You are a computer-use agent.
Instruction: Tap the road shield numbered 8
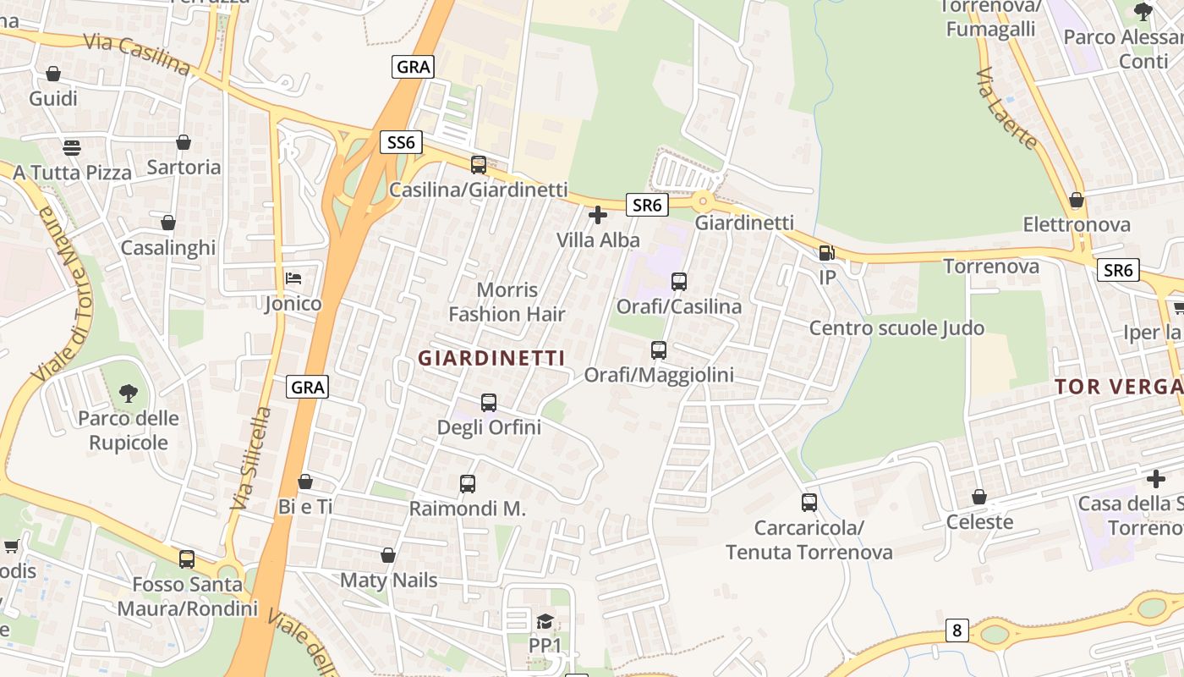pos(957,630)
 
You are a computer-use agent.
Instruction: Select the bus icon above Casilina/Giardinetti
pos(479,165)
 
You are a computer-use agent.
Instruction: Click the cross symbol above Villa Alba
pos(598,215)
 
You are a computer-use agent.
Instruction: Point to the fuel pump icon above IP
pos(826,252)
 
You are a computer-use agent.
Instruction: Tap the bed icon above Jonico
pos(293,278)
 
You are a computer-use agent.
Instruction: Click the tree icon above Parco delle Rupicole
pos(129,393)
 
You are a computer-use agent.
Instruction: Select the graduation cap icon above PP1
pos(545,622)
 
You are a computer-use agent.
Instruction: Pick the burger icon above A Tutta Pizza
pos(72,147)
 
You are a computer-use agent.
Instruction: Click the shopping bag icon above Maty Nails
pos(388,555)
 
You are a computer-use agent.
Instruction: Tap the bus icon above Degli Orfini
pos(489,402)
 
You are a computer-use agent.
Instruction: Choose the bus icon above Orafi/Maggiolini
pos(659,350)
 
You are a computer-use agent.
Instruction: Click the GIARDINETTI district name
pos(491,358)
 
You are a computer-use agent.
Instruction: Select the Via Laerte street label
pos(1006,109)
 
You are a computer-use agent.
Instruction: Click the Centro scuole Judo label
pos(896,327)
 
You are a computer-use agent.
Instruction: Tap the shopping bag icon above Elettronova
pos(1077,200)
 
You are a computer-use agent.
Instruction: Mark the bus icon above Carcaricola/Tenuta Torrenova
pos(809,503)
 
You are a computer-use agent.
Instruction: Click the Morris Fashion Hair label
pos(507,302)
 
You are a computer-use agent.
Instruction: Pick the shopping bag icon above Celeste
pos(979,497)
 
